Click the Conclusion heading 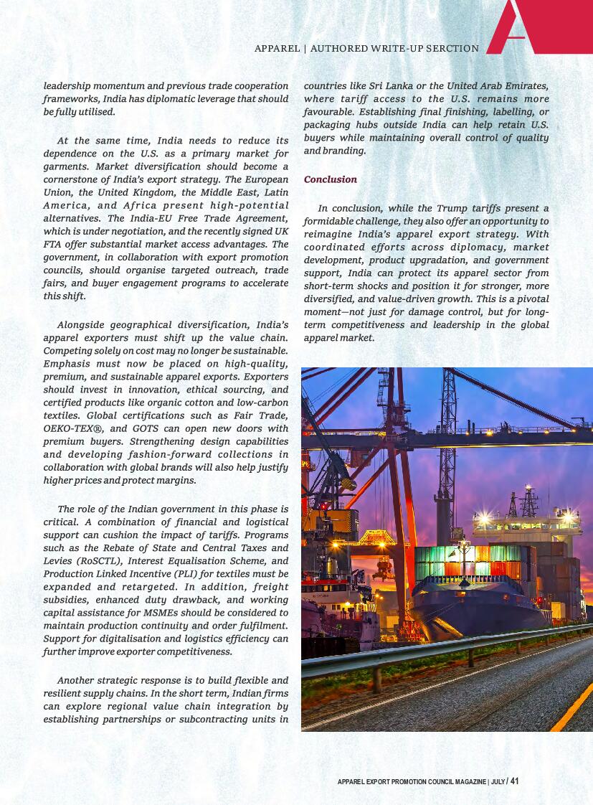[331, 179]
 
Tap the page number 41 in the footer [514, 781]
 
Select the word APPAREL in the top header [277, 49]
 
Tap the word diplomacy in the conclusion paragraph [472, 247]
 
